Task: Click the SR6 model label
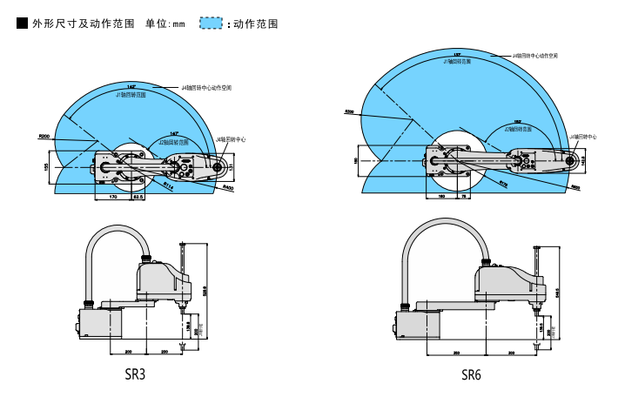point(471,375)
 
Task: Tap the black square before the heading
point(23,24)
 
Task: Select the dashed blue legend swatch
point(212,24)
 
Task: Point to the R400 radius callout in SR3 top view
point(228,187)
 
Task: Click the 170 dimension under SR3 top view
point(112,198)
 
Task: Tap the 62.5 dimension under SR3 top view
point(138,198)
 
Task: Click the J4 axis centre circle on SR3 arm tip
point(217,165)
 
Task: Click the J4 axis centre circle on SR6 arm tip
point(568,160)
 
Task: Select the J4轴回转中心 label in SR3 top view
point(231,138)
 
